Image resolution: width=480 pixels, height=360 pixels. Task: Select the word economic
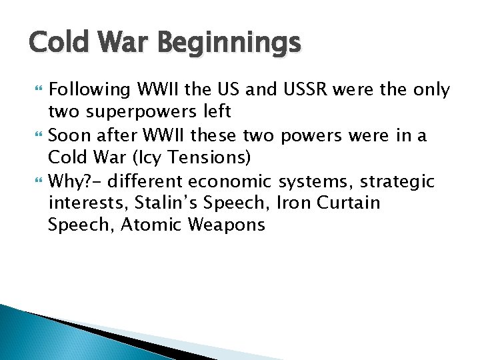pyautogui.click(x=230, y=181)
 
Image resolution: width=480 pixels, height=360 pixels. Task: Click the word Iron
pyautogui.click(x=291, y=203)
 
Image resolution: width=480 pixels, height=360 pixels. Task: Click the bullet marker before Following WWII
pyautogui.click(x=34, y=90)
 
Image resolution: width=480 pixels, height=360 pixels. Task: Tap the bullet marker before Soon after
pyautogui.click(x=34, y=135)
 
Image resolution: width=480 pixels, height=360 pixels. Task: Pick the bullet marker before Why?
pyautogui.click(x=34, y=181)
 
